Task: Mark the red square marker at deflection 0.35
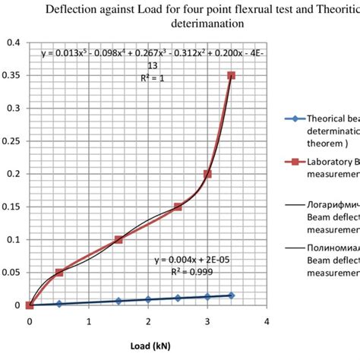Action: coord(231,75)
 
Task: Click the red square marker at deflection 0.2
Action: coord(207,174)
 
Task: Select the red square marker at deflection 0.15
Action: coord(178,207)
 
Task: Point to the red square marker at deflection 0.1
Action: coord(118,239)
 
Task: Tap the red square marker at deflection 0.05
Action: coord(59,272)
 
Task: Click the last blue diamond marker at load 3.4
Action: coord(231,295)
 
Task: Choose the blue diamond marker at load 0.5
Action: coord(59,303)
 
